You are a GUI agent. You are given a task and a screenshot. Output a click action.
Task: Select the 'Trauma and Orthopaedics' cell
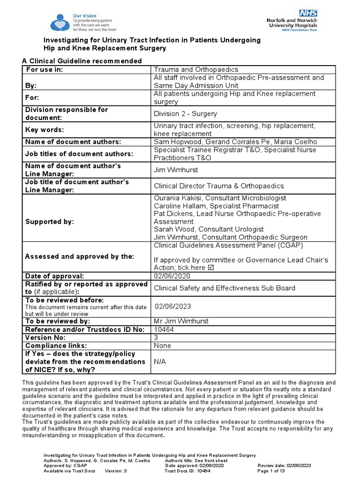click(196, 69)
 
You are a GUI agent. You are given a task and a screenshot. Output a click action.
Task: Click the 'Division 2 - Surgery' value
click(186, 113)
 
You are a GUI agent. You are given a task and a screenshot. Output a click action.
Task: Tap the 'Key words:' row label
click(45, 130)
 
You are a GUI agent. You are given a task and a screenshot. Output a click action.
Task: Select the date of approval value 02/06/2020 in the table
click(172, 277)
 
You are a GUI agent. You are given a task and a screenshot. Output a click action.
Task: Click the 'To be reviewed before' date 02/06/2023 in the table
click(173, 306)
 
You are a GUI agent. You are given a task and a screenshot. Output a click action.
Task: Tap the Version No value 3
click(156, 337)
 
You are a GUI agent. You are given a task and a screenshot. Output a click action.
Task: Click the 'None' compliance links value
click(162, 345)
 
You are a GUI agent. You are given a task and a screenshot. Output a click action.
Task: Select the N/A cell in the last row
click(160, 362)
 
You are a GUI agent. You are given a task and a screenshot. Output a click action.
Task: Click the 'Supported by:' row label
click(50, 221)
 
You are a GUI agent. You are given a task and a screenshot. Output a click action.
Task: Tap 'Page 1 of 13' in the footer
click(271, 471)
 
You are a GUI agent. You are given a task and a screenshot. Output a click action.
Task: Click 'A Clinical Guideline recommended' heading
click(82, 61)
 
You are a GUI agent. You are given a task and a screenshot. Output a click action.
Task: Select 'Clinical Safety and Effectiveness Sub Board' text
click(225, 288)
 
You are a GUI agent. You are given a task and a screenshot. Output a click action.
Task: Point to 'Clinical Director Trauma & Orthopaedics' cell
click(219, 186)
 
